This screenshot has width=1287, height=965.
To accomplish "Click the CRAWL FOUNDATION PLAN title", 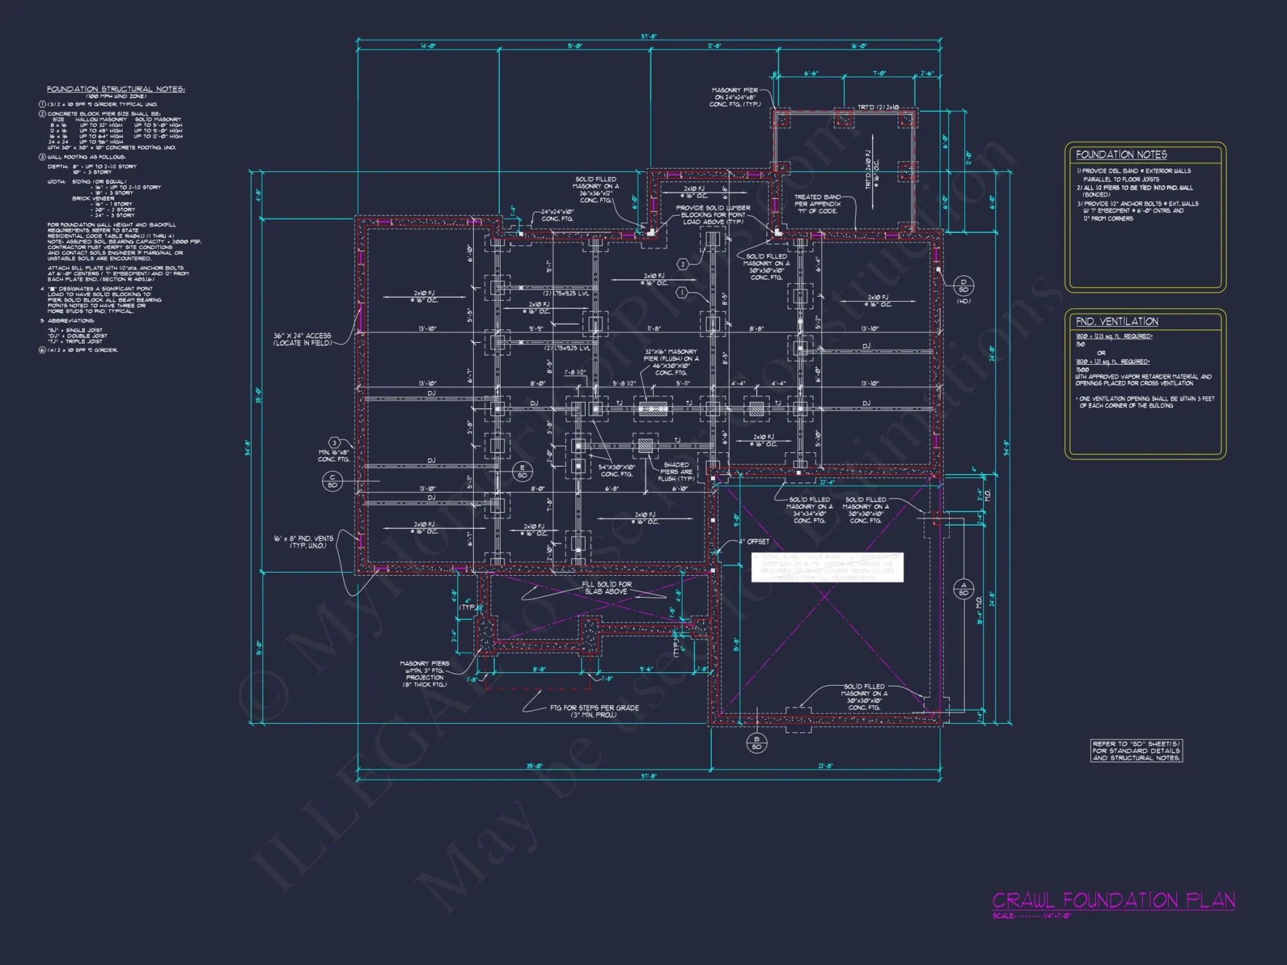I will click(x=1113, y=900).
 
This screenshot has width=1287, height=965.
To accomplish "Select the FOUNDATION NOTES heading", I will click(x=1121, y=154).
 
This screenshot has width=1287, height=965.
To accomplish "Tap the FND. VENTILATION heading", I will click(x=1116, y=321).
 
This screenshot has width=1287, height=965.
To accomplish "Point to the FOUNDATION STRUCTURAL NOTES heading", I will click(x=115, y=89).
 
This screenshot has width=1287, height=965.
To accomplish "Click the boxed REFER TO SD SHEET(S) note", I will click(x=1136, y=751).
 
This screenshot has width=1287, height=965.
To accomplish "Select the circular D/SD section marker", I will click(x=963, y=286).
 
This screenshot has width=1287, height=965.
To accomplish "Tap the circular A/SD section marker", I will click(x=963, y=589).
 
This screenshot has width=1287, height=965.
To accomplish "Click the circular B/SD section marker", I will click(x=757, y=743).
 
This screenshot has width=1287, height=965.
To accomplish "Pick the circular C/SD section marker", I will click(x=332, y=481).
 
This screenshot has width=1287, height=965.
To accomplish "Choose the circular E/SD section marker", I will click(x=522, y=472).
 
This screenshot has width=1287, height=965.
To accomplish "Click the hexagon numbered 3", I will click(x=334, y=443).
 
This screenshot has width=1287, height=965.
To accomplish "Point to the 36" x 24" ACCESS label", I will click(x=302, y=339).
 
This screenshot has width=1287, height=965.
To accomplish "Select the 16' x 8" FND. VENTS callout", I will click(x=304, y=542).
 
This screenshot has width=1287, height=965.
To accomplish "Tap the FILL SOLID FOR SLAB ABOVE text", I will click(x=606, y=587).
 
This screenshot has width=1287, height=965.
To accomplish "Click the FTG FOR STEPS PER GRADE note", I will click(x=594, y=711).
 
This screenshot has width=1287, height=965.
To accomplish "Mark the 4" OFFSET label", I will click(x=754, y=542).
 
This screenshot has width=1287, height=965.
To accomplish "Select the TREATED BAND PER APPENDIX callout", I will click(x=817, y=204).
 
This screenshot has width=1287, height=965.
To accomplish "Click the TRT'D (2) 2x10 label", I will click(x=878, y=107).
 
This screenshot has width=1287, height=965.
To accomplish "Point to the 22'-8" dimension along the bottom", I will click(x=826, y=766).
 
